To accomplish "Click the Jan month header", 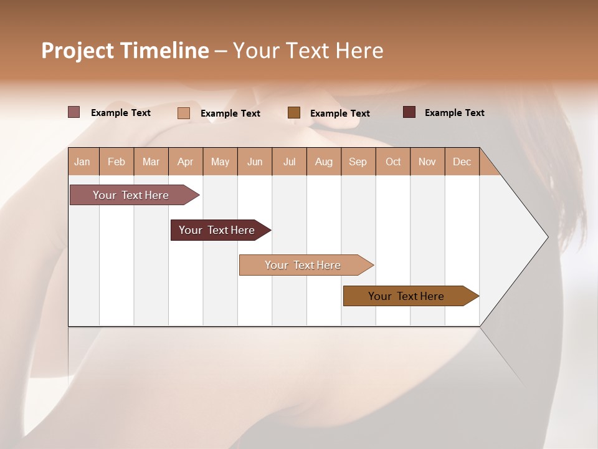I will [83, 162].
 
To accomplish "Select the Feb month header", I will [116, 162].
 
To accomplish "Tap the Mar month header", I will [151, 162].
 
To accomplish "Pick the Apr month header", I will [186, 162].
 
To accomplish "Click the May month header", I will [220, 162].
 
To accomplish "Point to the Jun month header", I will [255, 162].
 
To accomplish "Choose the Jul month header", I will [289, 162].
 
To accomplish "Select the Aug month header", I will [324, 162].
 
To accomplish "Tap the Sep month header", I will [358, 162].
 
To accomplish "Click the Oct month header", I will [393, 162].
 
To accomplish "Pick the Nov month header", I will [427, 162].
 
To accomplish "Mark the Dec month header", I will [462, 162].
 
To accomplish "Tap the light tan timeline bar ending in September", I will [303, 265].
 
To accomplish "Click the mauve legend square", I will [74, 112].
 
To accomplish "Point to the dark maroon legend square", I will [409, 112].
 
